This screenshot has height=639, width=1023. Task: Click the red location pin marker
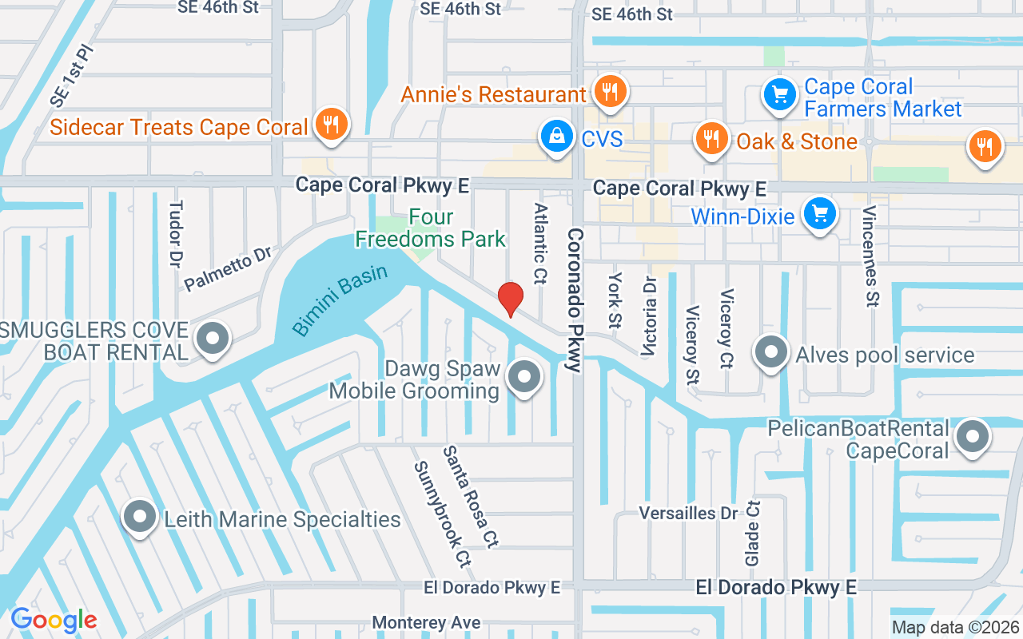point(511,300)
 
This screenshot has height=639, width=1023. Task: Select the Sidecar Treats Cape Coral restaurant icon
point(329,125)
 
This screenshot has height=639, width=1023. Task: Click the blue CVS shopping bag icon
point(555,137)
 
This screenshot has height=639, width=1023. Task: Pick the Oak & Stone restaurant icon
point(710,139)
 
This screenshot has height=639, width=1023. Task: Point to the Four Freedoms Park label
point(431,228)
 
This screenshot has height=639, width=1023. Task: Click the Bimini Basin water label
point(340,300)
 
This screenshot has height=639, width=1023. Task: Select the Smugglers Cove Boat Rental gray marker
point(213,339)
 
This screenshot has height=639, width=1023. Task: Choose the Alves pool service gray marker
point(771,354)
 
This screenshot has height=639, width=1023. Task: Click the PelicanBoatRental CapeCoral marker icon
point(973,437)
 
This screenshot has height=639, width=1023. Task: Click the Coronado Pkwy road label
point(574,300)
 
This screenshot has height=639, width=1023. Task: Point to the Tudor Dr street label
point(176,233)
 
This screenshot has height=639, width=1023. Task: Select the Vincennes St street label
point(870,256)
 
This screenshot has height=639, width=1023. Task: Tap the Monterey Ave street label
point(427,623)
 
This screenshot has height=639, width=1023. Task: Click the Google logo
point(54,620)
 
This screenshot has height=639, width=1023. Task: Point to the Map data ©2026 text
point(955,628)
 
